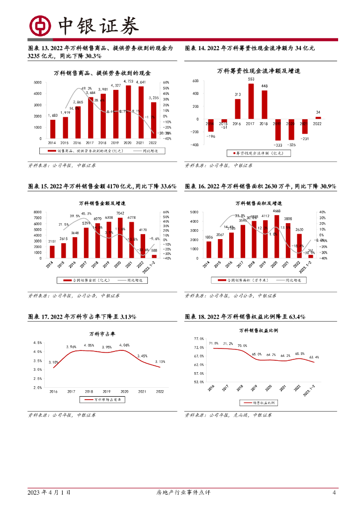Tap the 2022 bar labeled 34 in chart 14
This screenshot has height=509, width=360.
pyautogui.click(x=318, y=118)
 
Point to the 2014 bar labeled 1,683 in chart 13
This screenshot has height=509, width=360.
pyautogui.click(x=53, y=129)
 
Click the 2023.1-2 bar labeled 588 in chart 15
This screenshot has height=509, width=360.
pyautogui.click(x=154, y=256)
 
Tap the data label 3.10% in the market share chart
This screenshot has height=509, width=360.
pyautogui.click(x=55, y=362)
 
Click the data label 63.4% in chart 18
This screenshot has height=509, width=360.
pyautogui.click(x=314, y=357)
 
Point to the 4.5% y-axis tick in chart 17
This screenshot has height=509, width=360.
pyautogui.click(x=37, y=342)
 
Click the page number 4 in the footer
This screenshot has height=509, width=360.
pyautogui.click(x=334, y=493)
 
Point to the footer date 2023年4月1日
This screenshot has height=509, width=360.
pyautogui.click(x=49, y=493)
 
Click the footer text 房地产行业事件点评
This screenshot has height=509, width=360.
pyautogui.click(x=180, y=493)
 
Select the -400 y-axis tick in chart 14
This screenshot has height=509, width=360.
pyautogui.click(x=194, y=145)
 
